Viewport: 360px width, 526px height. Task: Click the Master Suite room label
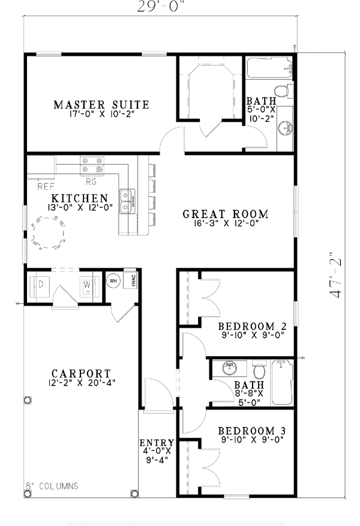click(x=101, y=104)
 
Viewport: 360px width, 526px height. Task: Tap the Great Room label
click(x=226, y=214)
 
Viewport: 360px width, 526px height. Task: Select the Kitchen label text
click(x=80, y=198)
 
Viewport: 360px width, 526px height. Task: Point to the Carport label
click(x=81, y=373)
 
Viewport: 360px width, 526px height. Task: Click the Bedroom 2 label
click(x=253, y=326)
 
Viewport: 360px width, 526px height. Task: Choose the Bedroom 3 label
click(x=252, y=431)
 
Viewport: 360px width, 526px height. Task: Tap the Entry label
click(x=157, y=443)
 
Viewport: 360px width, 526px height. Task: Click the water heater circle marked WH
click(x=113, y=281)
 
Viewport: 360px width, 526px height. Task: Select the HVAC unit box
click(x=130, y=279)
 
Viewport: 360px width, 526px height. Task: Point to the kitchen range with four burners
click(x=92, y=165)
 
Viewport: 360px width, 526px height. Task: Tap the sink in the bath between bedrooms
click(x=230, y=368)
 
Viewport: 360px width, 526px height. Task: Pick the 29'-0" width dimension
click(x=161, y=7)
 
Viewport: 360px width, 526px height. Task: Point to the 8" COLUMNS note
click(x=52, y=486)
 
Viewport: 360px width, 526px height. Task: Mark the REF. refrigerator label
click(x=47, y=187)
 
